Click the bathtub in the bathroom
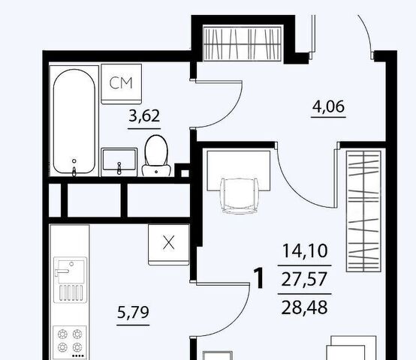[74, 121]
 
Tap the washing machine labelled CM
[121, 84]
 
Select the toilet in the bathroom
[156, 156]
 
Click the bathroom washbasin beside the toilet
[119, 162]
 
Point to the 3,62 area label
[144, 116]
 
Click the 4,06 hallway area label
[328, 106]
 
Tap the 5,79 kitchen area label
[133, 312]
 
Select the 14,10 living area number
[305, 250]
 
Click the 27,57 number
[304, 280]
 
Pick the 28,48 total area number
[304, 307]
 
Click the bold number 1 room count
[259, 278]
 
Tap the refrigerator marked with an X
[169, 244]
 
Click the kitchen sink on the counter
[70, 280]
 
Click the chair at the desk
[240, 196]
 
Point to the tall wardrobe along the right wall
[363, 211]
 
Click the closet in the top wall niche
[243, 43]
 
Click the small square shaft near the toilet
[185, 173]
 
